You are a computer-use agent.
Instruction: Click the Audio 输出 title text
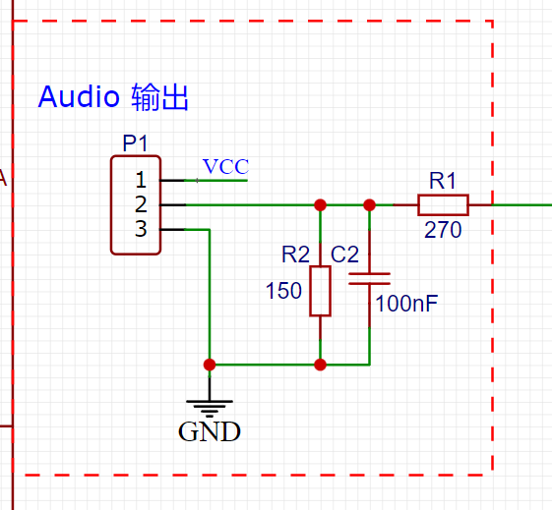[x=113, y=97]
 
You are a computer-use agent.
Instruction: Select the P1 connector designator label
[x=135, y=143]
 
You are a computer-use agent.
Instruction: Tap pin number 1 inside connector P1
[x=141, y=180]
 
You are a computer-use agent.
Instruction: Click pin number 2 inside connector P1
[x=141, y=204]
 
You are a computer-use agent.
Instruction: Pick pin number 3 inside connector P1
[x=141, y=229]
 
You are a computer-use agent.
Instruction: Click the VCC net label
[x=225, y=167]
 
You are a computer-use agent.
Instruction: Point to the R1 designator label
[x=443, y=181]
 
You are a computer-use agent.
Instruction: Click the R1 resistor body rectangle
[x=443, y=205]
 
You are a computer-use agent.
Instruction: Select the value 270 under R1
[x=443, y=230]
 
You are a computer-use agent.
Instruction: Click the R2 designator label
[x=296, y=255]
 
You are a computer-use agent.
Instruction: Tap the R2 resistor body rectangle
[x=320, y=291]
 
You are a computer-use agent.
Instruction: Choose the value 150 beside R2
[x=283, y=291]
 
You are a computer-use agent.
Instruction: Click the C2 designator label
[x=344, y=255]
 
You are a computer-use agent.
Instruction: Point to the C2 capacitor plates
[x=369, y=278]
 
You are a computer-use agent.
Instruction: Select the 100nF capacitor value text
[x=406, y=304]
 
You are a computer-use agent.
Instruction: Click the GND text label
[x=210, y=432]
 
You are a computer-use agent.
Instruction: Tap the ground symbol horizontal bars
[x=210, y=409]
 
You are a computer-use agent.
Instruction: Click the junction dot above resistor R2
[x=320, y=205]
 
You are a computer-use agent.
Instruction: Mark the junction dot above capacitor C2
[x=369, y=205]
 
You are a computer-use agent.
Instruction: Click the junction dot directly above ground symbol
[x=210, y=365]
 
